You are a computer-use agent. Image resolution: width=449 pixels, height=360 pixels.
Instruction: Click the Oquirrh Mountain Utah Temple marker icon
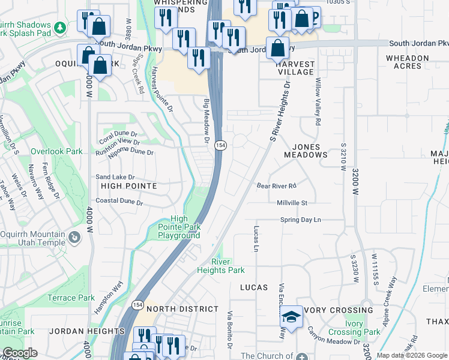(x=74, y=238)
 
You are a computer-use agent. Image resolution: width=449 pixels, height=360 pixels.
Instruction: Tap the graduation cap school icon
(x=292, y=316)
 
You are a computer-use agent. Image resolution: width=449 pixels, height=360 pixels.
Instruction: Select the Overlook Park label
(x=58, y=152)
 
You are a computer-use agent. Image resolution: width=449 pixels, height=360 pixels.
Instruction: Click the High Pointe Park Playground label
(x=179, y=227)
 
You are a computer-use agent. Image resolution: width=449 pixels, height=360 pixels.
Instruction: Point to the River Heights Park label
(x=220, y=266)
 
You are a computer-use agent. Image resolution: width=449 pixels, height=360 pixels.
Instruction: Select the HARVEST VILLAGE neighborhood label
(x=296, y=68)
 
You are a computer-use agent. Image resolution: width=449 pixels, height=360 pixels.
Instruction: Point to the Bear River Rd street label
(x=277, y=186)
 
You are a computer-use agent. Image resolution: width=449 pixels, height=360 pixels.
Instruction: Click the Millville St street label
(x=292, y=203)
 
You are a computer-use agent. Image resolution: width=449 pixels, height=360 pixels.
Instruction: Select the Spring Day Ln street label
(x=301, y=220)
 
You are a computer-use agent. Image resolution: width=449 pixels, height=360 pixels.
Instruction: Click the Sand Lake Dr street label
(x=115, y=178)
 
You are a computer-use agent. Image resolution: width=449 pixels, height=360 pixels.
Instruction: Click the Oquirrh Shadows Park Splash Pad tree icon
(x=60, y=27)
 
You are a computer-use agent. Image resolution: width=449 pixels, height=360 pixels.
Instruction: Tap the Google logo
(x=20, y=353)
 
